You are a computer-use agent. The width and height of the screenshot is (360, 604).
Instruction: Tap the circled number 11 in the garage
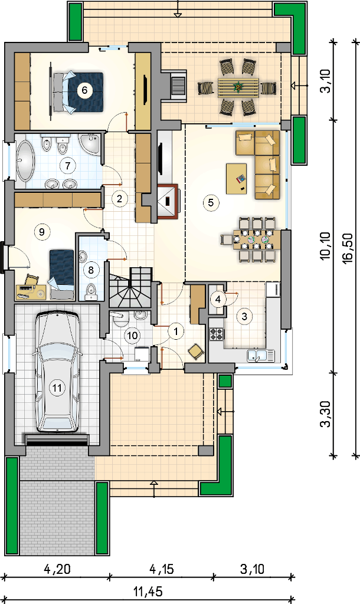57,388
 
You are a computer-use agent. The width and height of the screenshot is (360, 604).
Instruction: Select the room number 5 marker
211,202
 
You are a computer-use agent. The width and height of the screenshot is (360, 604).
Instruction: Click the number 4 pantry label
218,299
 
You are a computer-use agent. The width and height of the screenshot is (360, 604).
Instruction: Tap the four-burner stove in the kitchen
216,334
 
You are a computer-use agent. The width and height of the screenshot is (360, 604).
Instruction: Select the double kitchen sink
260,355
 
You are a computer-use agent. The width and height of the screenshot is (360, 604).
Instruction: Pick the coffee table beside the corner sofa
236,178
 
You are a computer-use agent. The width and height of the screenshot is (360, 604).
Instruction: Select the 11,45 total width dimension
148,591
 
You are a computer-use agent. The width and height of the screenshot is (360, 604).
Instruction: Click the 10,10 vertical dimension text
326,246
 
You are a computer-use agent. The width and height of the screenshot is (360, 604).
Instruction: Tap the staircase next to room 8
131,288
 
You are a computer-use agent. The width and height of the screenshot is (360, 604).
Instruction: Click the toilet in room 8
91,291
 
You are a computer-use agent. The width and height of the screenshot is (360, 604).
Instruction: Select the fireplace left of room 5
168,202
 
